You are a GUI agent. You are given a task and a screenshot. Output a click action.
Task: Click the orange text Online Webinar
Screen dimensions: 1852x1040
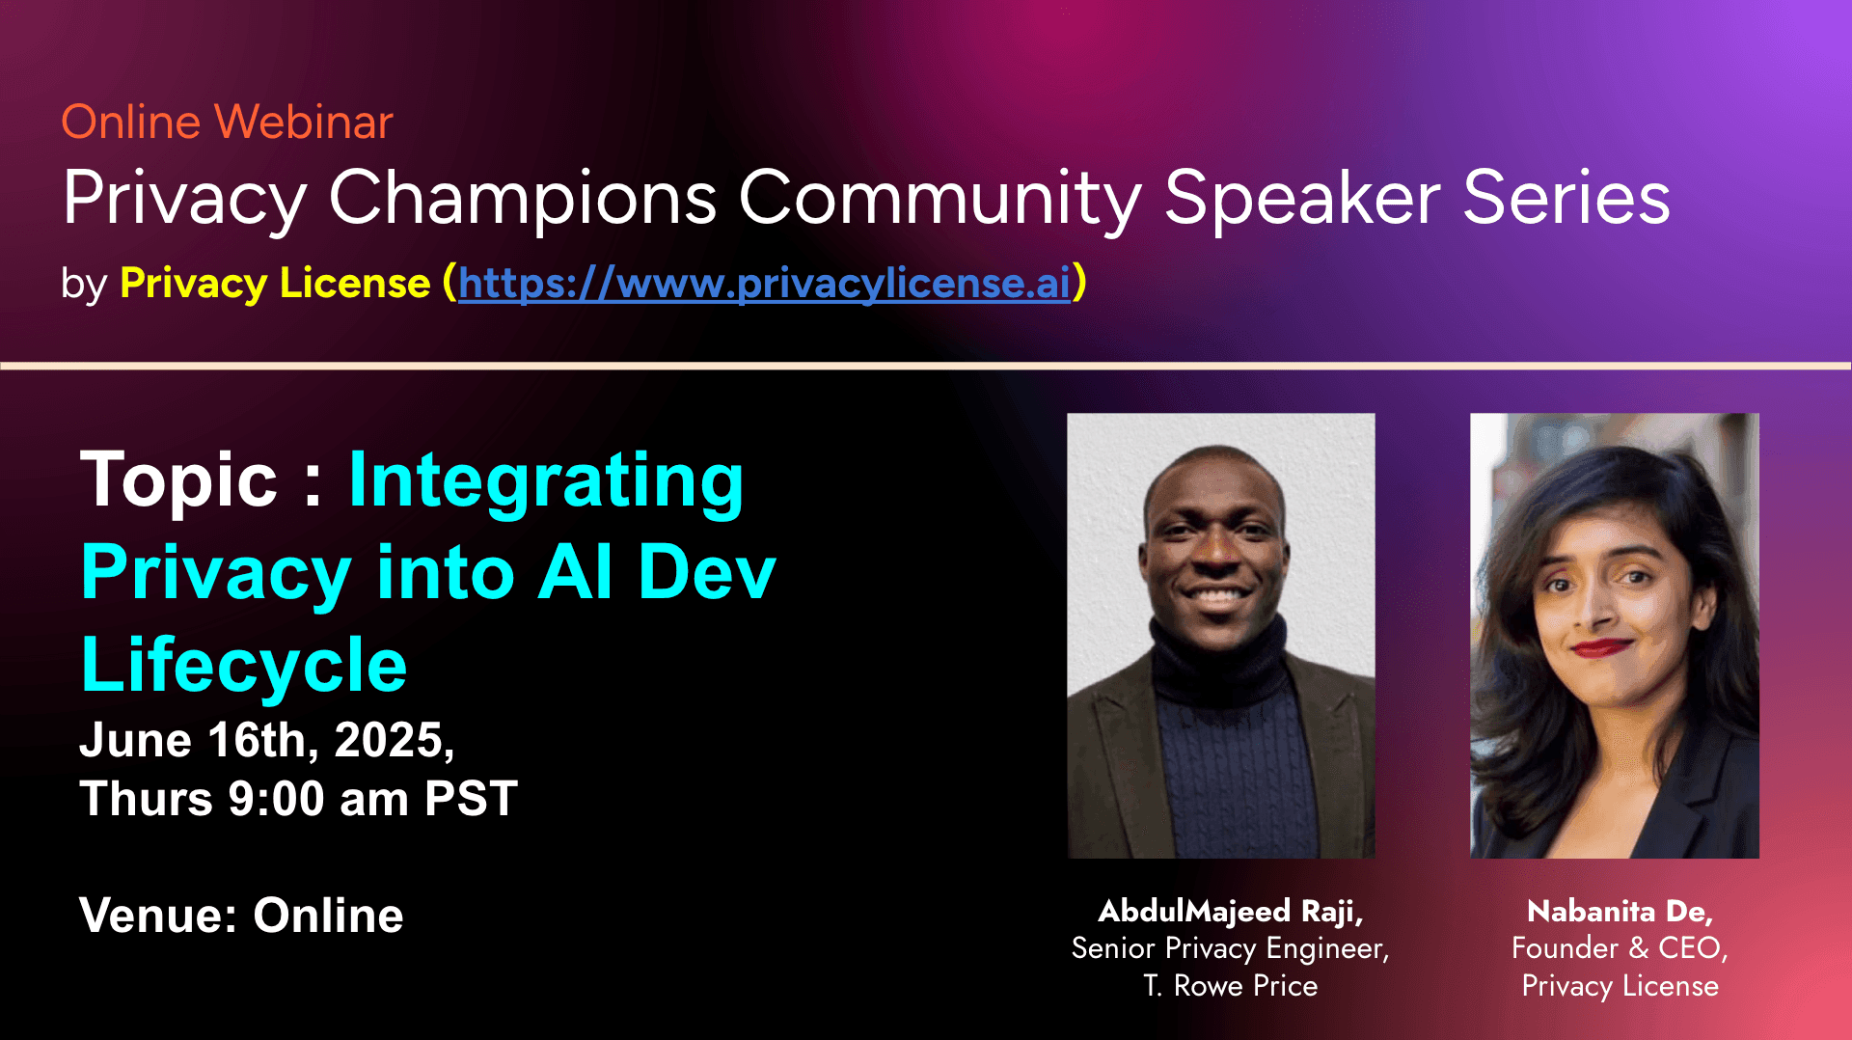(x=227, y=123)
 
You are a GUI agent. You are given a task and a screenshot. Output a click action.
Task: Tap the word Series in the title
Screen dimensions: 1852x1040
(x=1566, y=198)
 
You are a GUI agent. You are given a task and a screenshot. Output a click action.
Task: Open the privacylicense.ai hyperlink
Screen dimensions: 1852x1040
(x=764, y=284)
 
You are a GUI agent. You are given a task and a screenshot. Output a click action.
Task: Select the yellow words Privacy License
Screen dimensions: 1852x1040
(x=275, y=284)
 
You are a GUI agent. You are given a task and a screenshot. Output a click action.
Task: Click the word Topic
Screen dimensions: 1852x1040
(x=178, y=480)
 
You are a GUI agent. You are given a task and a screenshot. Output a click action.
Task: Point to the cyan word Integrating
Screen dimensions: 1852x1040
(x=546, y=482)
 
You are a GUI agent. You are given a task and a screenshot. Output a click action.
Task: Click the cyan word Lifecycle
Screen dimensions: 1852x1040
(x=244, y=666)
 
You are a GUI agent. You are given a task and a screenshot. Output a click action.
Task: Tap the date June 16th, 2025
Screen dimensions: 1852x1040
(x=267, y=741)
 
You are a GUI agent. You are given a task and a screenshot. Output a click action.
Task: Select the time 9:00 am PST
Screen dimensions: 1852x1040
(x=373, y=800)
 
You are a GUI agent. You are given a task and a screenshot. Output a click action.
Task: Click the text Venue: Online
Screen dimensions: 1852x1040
(x=241, y=916)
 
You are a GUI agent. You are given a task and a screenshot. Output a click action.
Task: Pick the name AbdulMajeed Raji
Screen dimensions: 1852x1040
(x=1231, y=912)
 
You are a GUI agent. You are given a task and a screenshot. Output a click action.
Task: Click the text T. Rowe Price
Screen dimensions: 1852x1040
(x=1231, y=986)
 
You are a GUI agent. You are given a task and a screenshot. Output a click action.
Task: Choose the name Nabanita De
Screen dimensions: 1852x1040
(x=1620, y=912)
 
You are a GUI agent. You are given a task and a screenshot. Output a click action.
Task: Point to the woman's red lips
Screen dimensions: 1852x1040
(x=1600, y=647)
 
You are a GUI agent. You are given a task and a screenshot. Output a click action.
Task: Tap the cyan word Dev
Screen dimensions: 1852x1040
(x=707, y=573)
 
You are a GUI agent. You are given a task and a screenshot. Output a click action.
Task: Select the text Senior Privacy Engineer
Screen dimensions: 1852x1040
(x=1231, y=949)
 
